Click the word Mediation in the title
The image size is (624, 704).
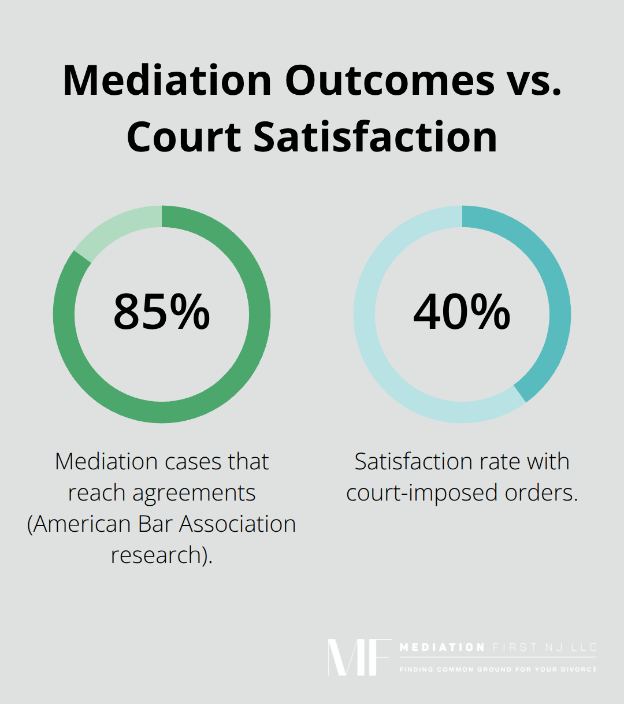[x=167, y=80]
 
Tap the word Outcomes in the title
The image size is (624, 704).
[x=389, y=80]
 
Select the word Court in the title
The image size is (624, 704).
[x=183, y=137]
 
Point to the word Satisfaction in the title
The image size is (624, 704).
[x=375, y=137]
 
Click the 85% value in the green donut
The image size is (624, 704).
[x=162, y=313]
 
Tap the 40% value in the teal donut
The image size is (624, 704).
[x=462, y=313]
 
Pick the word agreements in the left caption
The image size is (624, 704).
[x=194, y=493]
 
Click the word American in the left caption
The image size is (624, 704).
[x=81, y=524]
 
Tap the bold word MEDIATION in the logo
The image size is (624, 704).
[x=442, y=647]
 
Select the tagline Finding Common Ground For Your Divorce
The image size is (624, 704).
[x=497, y=669]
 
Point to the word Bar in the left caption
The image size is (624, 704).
[x=155, y=524]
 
